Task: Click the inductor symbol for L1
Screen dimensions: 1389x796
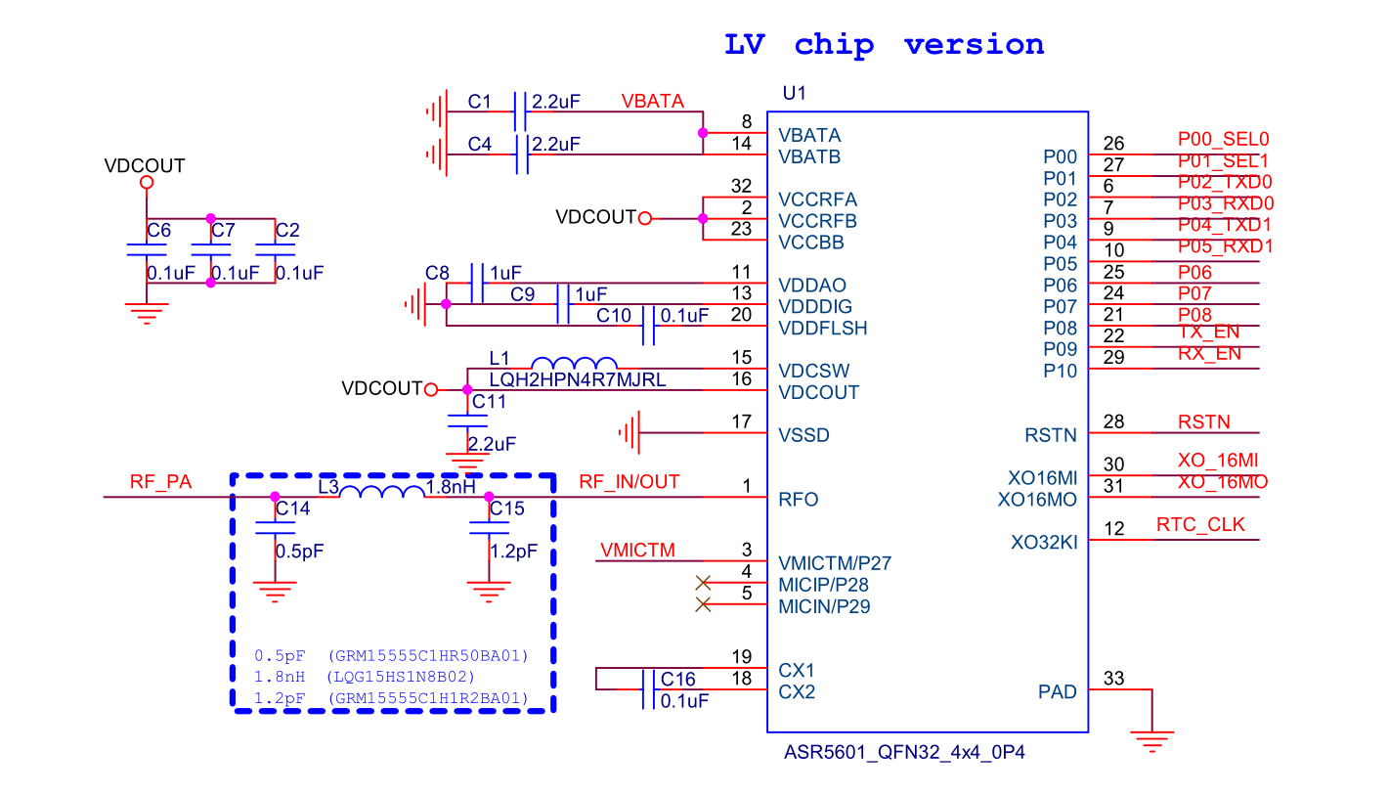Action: [x=574, y=363]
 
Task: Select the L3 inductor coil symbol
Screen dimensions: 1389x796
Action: [x=382, y=491]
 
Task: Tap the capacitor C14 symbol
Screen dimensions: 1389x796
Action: [x=276, y=528]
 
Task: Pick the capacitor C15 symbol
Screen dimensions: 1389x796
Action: [x=490, y=528]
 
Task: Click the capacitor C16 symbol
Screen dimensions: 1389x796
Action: [x=648, y=689]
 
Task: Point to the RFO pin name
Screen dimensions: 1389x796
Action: [x=798, y=500]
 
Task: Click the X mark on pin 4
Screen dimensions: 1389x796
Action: [x=703, y=583]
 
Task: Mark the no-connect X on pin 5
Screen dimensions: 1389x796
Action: [x=703, y=604]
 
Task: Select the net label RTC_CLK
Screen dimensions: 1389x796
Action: [x=1200, y=525]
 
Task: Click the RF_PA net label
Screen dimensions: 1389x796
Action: [x=160, y=482]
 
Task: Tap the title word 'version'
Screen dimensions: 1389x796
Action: [x=975, y=45]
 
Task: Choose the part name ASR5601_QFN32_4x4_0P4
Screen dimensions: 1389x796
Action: [x=904, y=753]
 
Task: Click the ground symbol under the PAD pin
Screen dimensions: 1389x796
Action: [x=1152, y=742]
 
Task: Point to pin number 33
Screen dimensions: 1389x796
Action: [x=1113, y=678]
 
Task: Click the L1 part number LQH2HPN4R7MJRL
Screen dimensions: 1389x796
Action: [x=578, y=379]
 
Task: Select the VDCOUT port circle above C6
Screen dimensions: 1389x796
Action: [x=147, y=183]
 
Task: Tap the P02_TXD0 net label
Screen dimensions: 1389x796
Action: [x=1225, y=183]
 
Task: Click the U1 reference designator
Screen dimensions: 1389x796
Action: [x=795, y=93]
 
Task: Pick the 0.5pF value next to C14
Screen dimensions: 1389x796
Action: [x=299, y=552]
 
